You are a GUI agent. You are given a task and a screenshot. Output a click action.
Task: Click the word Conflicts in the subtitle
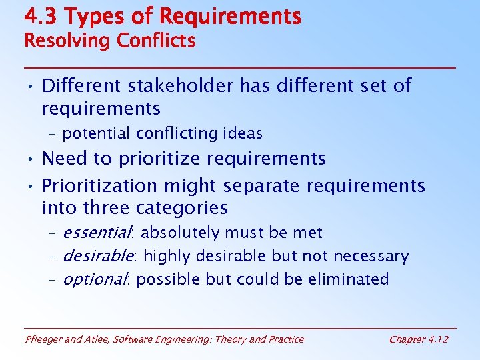(x=156, y=41)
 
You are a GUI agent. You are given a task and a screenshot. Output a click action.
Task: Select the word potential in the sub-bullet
(x=97, y=133)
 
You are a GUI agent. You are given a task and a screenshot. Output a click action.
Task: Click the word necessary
(x=371, y=256)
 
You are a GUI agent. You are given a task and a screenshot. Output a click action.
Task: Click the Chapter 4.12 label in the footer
(x=419, y=339)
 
